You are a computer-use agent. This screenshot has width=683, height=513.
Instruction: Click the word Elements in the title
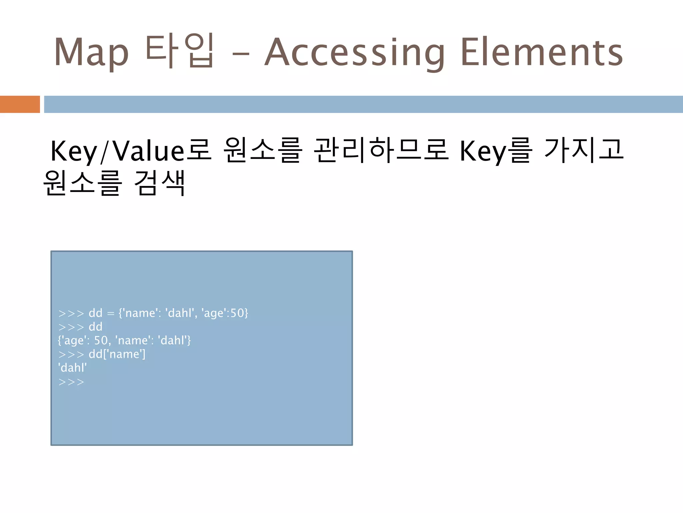[542, 52]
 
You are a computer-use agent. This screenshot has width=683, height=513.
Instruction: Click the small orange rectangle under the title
[20, 104]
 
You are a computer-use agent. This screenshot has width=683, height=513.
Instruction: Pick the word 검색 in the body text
[159, 183]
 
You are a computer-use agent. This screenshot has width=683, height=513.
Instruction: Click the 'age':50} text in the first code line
[225, 313]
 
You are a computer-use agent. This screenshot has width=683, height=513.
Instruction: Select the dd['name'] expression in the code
[117, 354]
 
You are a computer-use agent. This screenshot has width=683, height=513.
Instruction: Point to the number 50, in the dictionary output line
[102, 341]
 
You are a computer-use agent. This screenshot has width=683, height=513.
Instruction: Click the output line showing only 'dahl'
[72, 368]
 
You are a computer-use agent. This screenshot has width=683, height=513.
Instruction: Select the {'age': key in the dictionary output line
[74, 341]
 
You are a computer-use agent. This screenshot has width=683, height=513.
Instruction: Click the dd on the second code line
[95, 327]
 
